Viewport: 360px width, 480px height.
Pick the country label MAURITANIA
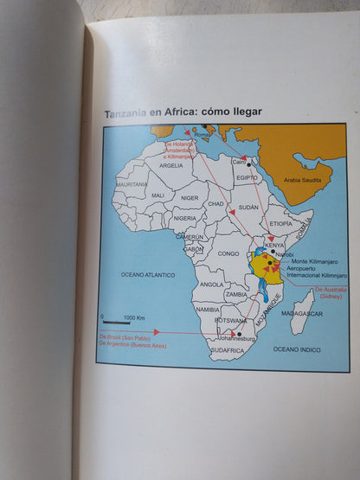[x=132, y=184]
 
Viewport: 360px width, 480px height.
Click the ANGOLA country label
[x=211, y=284]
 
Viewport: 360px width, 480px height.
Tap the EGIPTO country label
[x=247, y=176]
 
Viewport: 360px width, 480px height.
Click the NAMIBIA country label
[x=207, y=309]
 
